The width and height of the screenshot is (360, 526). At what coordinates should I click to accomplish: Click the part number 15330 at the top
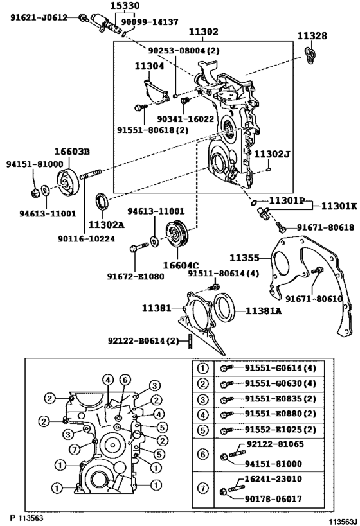coord(125,6)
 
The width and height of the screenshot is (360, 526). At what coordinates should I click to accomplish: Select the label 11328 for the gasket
coord(312,36)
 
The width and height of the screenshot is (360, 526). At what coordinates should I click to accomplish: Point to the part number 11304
coord(149,66)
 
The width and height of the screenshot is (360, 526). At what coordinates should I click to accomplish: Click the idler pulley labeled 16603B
coord(69,182)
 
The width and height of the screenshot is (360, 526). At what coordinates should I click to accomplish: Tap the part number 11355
coord(244,258)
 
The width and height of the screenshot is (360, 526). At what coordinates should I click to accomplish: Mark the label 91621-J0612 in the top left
coord(39,17)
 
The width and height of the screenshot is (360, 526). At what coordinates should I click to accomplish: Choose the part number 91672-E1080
coord(136,276)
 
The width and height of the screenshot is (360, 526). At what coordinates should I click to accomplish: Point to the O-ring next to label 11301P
coord(254,202)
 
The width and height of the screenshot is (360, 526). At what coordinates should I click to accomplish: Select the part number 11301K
coord(339,206)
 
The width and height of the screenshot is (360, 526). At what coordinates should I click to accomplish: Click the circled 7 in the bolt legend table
coord(203,488)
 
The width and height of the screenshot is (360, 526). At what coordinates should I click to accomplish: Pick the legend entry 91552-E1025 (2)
coord(280,430)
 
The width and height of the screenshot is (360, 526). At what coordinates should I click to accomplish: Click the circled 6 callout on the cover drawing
coord(125,380)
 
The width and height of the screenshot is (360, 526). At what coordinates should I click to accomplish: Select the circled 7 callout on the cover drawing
coord(75,449)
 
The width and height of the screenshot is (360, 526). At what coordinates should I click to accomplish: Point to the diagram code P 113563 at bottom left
coord(26,518)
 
